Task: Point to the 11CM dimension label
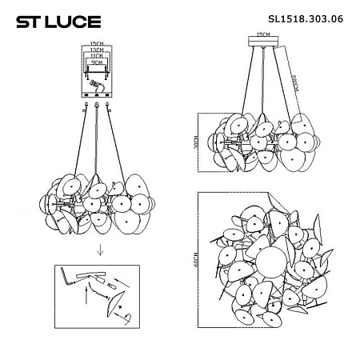tap(98, 54)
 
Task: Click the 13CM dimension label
tap(98, 50)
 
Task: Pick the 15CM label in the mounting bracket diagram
tap(98, 44)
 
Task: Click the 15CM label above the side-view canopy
tap(259, 35)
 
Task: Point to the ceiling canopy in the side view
tap(259, 46)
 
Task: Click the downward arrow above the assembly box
tap(98, 249)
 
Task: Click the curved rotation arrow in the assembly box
tap(126, 318)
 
